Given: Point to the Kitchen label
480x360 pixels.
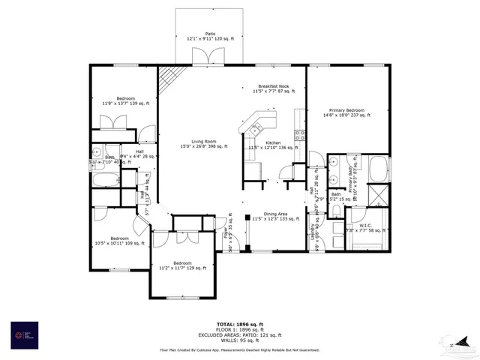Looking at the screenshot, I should coord(273,145).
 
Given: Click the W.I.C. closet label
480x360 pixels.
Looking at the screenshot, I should coord(365,228).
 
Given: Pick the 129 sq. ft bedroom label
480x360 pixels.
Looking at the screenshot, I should coord(182,266).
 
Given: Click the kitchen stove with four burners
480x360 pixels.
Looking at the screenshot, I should coord(299,136).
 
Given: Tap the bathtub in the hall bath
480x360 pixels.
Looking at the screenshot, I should coord(106,180).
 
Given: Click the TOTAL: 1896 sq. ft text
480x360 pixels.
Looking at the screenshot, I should coord(239,322).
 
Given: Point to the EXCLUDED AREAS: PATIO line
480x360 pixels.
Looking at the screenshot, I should coord(239,334).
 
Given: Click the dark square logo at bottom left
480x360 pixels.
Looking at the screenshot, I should coord(23,334).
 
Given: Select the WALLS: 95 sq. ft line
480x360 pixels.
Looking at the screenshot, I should coord(239,340).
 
